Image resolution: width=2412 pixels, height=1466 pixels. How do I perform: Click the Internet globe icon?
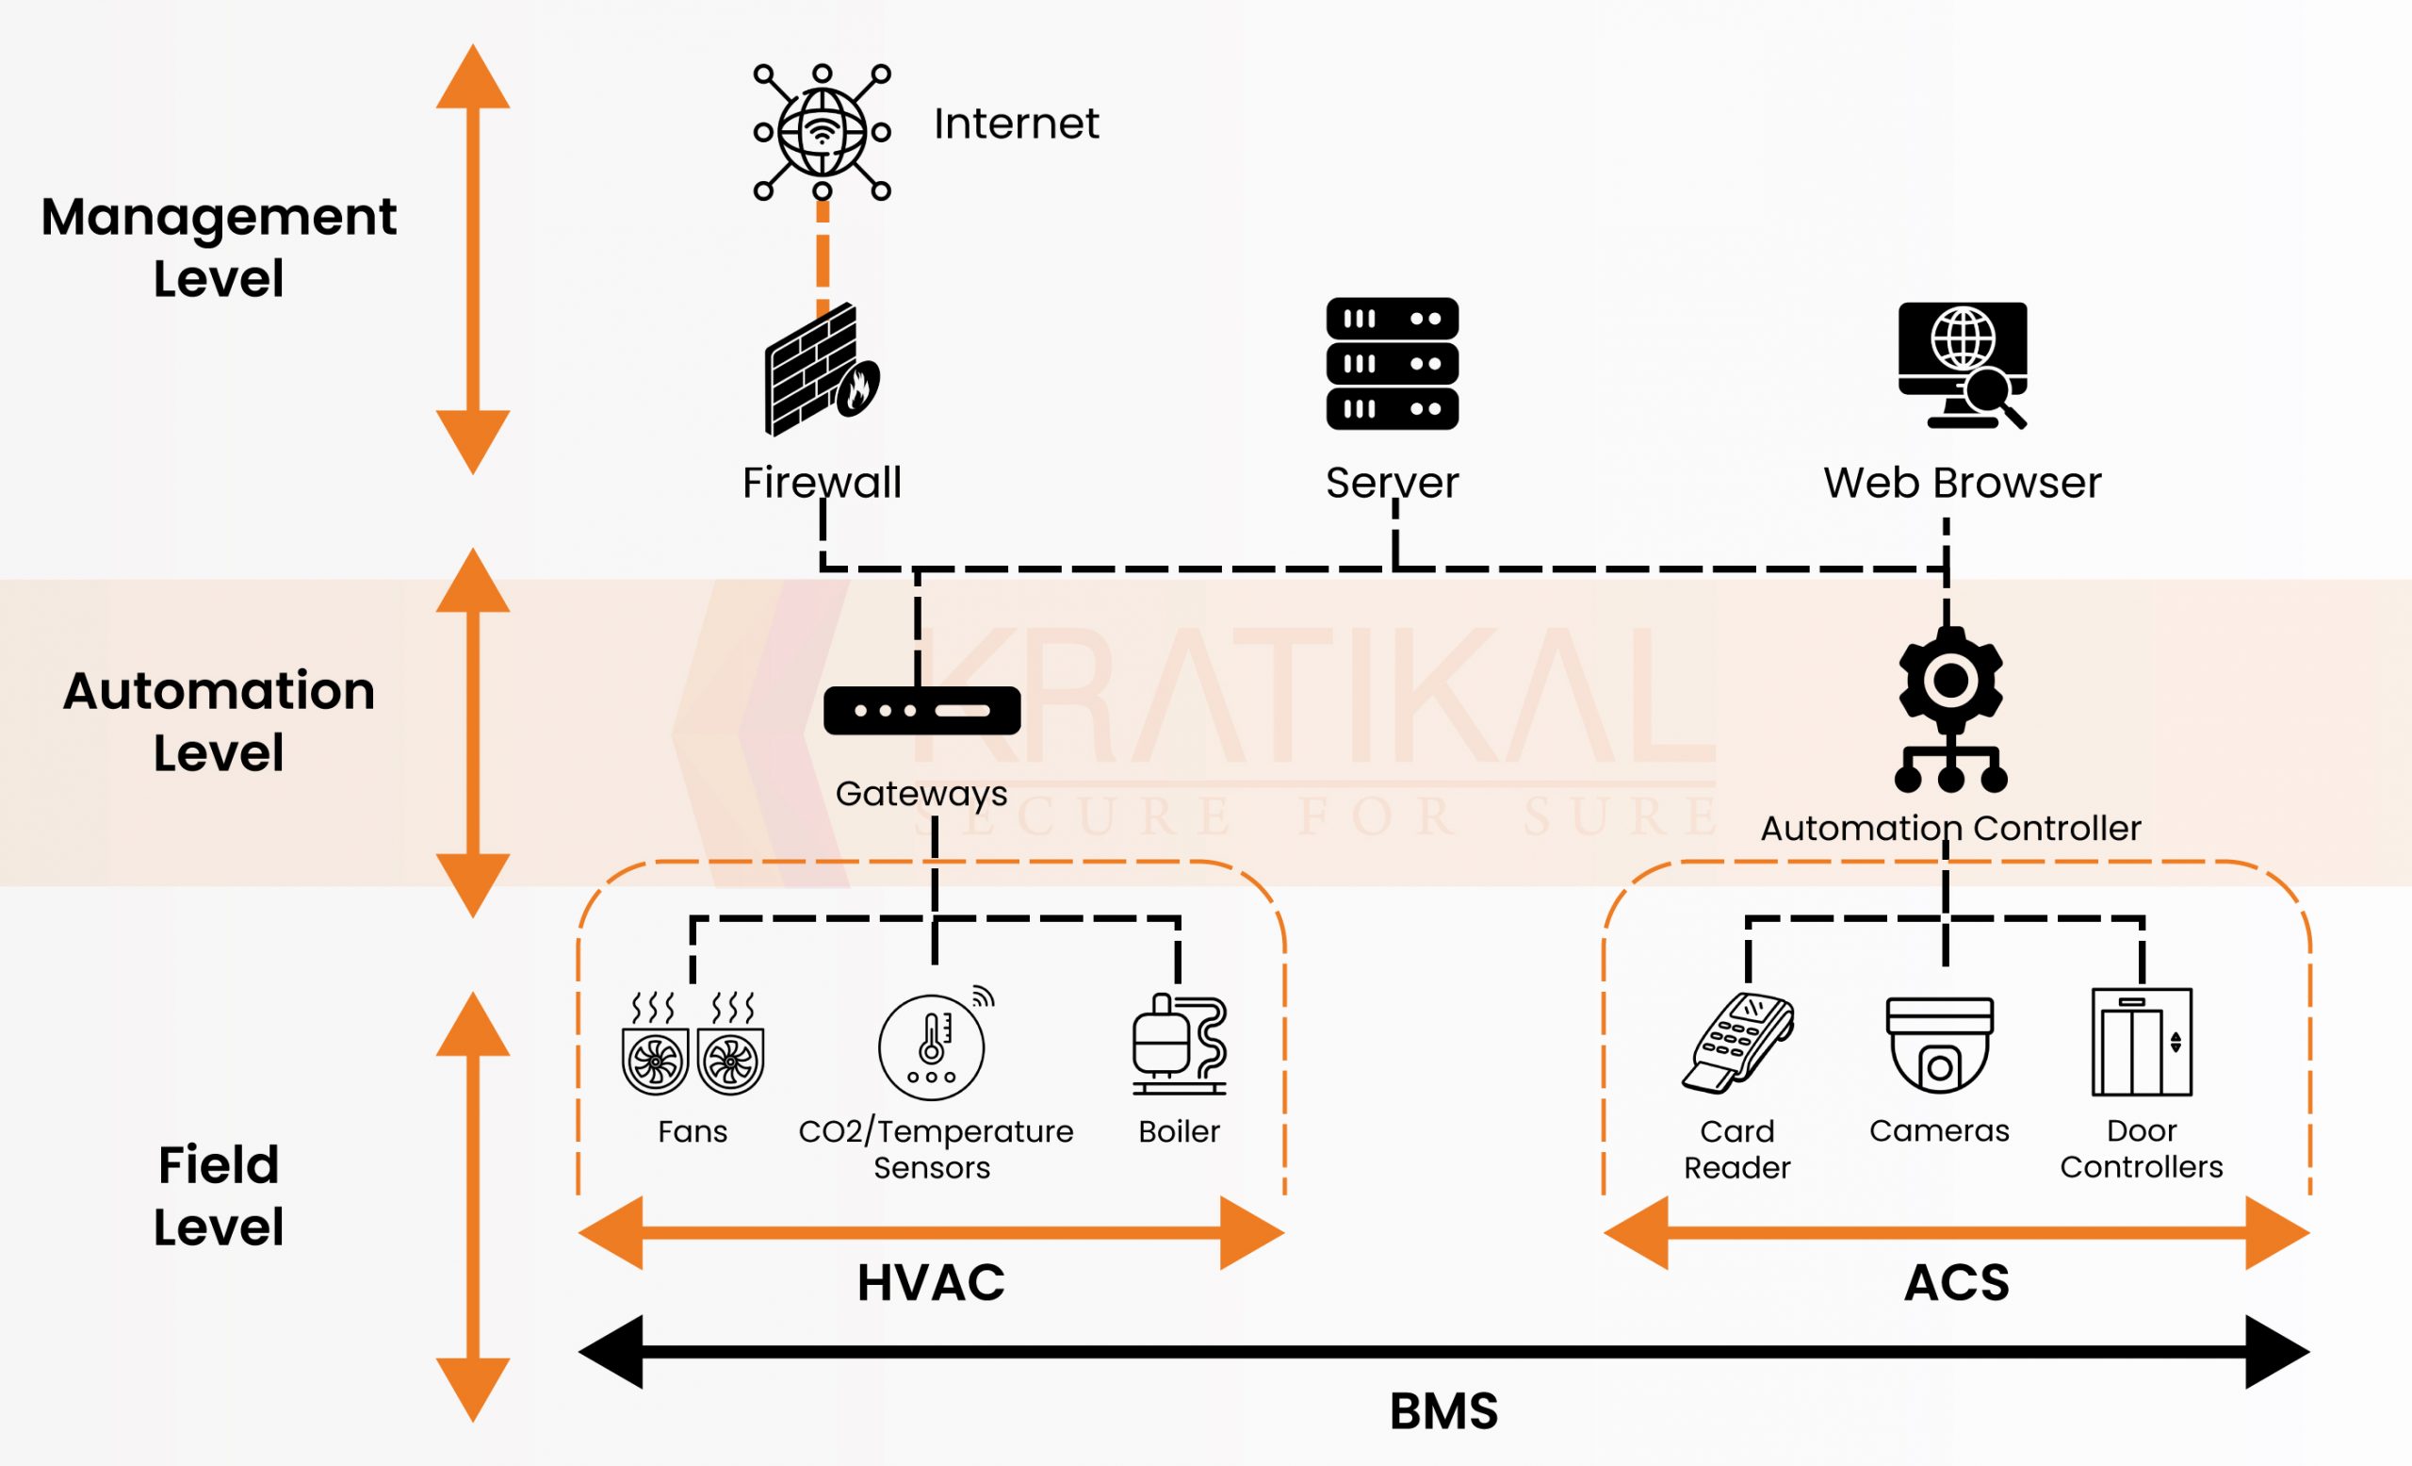click(822, 131)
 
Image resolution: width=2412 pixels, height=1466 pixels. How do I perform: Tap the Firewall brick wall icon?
click(821, 371)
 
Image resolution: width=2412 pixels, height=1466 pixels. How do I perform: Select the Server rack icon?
click(1392, 363)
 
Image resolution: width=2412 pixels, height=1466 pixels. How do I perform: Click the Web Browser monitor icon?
click(1962, 363)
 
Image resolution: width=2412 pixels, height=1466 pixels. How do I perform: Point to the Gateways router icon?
click(921, 710)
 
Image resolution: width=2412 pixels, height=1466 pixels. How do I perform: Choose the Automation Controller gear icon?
click(1950, 710)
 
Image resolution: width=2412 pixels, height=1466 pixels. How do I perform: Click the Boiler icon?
click(1179, 1044)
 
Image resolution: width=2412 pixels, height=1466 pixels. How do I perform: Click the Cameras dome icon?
click(1939, 1044)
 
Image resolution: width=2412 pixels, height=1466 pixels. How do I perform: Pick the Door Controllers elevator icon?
click(2142, 1042)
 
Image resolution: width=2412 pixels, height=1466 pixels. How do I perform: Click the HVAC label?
click(931, 1283)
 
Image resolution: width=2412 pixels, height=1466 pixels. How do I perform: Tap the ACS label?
click(1956, 1283)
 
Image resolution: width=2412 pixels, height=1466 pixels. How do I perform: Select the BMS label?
click(1443, 1411)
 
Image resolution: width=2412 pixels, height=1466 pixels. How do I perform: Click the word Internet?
click(1016, 124)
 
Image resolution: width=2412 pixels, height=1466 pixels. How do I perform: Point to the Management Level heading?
click(219, 247)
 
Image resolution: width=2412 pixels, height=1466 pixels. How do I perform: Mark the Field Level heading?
click(219, 1195)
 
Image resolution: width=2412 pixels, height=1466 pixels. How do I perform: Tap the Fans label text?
click(693, 1132)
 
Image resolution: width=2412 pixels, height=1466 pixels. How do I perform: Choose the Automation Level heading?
click(219, 722)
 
